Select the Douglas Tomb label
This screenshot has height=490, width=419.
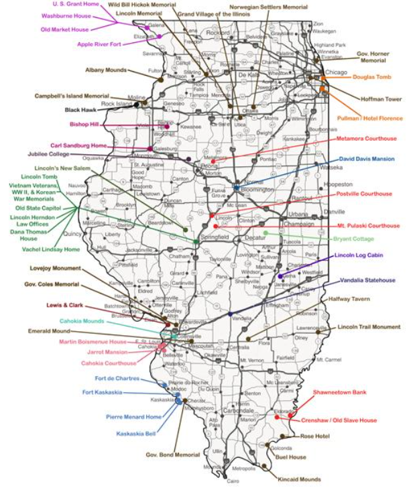coord(371,77)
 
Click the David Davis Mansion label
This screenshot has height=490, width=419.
coord(367,159)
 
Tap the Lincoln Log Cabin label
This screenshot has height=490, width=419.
coord(368,257)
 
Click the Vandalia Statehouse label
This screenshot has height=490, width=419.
coord(367,280)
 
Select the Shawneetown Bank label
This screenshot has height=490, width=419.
coord(339,392)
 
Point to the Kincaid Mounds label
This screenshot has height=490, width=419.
coord(299,479)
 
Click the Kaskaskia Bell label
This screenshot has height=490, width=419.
coord(136,434)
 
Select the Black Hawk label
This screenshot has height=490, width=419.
coord(81,109)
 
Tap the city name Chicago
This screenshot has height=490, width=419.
coord(336,72)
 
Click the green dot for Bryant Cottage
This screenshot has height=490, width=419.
coord(265,233)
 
